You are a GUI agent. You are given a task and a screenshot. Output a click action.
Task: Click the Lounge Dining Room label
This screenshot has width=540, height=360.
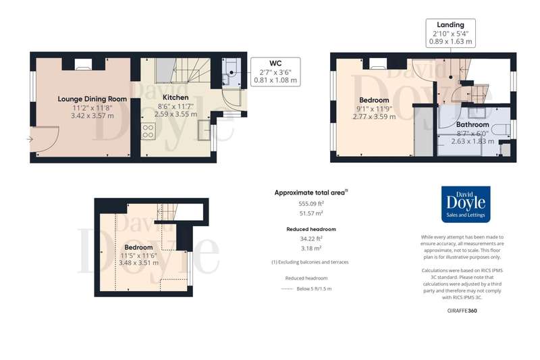[x=92, y=99]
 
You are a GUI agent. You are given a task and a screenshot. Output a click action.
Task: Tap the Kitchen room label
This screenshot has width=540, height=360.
[x=175, y=97]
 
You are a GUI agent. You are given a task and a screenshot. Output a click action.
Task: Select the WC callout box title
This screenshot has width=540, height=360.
[x=275, y=63]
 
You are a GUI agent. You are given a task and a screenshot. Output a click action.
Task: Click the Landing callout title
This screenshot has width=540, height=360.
[x=450, y=25]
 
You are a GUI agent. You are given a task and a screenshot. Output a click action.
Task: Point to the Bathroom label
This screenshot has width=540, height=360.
[x=473, y=124]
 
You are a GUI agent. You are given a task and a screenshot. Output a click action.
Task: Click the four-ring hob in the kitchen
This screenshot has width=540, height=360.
[x=148, y=131]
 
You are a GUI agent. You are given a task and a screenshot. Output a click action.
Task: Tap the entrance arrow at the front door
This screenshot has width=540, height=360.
[x=30, y=139]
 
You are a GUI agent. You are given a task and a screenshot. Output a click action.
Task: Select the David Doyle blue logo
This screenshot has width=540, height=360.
[x=466, y=204]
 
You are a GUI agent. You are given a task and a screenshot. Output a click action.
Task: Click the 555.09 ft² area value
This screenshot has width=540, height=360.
[x=311, y=203]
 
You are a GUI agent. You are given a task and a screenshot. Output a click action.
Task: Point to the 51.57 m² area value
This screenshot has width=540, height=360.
[x=311, y=213]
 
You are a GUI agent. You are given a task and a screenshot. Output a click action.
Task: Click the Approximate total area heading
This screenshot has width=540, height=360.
[x=310, y=192]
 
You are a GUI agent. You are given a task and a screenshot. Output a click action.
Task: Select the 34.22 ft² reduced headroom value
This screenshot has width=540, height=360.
[x=311, y=238]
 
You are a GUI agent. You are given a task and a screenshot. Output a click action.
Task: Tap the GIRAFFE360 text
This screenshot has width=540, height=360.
[x=462, y=311]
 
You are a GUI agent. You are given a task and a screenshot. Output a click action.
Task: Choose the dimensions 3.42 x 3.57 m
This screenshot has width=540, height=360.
[x=92, y=115]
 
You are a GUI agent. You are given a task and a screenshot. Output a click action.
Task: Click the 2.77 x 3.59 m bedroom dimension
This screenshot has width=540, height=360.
[x=374, y=117]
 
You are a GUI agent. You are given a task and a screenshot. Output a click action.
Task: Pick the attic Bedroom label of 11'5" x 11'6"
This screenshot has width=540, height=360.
[x=138, y=247]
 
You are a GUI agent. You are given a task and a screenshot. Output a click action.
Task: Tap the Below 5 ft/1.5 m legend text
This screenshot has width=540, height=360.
[x=314, y=288]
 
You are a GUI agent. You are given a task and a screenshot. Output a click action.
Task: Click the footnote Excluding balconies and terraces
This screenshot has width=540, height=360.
[x=310, y=262]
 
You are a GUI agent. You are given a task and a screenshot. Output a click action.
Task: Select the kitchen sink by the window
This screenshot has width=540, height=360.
[x=205, y=130]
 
